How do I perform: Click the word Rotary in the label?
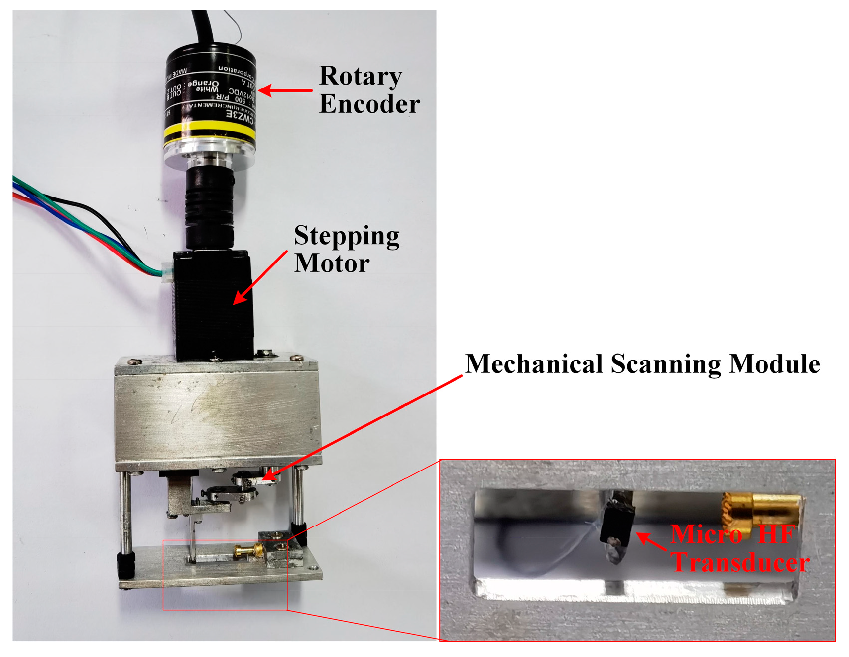click(x=360, y=77)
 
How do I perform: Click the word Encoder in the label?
click(x=369, y=104)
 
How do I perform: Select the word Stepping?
click(x=347, y=236)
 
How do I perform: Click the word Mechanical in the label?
click(x=533, y=364)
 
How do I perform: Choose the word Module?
click(x=774, y=364)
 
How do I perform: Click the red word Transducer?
click(x=740, y=563)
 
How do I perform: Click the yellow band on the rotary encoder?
click(x=209, y=131)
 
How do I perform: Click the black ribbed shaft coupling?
click(x=209, y=209)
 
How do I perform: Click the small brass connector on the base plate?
click(x=248, y=550)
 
